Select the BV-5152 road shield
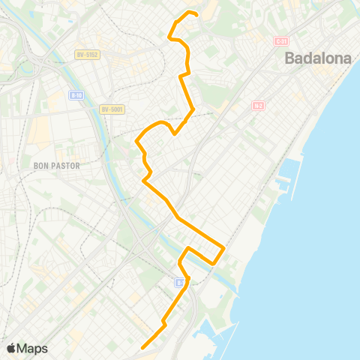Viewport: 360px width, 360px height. point(88,54)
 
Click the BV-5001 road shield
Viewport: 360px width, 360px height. point(112,109)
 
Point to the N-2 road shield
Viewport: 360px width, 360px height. point(257,106)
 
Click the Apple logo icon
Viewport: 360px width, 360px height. point(11,348)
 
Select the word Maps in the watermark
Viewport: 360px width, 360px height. point(33,348)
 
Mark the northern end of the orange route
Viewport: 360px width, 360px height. point(196,14)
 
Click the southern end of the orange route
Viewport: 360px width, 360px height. point(142,347)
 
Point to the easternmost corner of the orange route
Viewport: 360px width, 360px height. point(224,246)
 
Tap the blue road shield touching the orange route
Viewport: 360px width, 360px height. point(180,282)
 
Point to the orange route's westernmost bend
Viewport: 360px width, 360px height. point(136,140)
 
